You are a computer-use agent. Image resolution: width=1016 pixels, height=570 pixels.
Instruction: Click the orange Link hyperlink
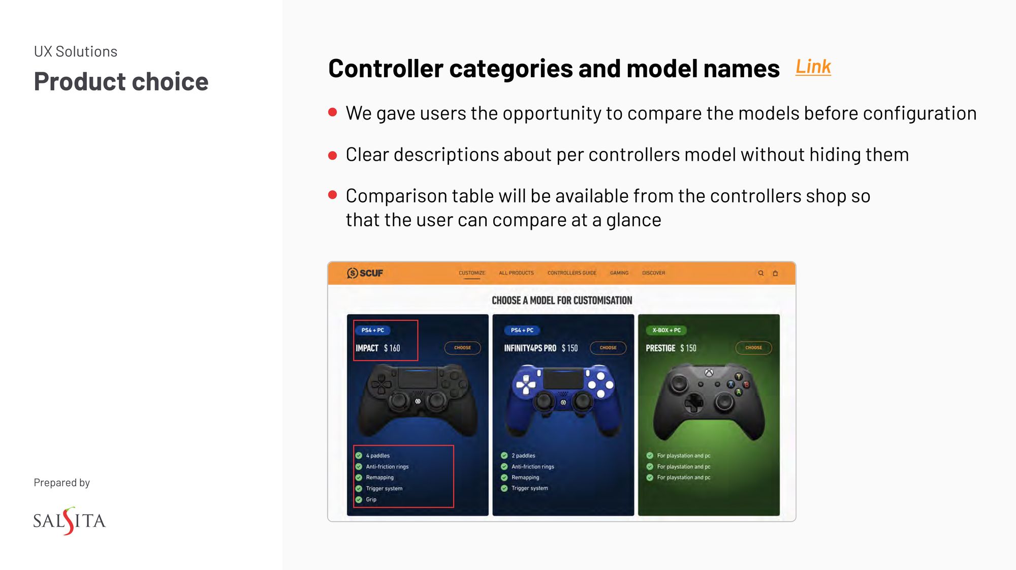pos(813,67)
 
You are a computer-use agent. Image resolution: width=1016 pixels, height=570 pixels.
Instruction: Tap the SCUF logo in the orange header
pos(365,273)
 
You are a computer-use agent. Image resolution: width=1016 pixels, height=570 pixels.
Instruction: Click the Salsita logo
pos(69,521)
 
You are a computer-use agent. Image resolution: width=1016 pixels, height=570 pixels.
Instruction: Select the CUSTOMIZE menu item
pos(471,273)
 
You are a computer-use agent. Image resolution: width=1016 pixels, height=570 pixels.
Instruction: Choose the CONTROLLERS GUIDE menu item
pos(571,273)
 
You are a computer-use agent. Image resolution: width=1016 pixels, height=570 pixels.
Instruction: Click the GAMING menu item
pos(619,273)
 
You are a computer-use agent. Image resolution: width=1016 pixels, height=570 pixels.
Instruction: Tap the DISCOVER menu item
pos(653,273)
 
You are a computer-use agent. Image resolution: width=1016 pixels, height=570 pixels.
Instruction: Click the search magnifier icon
pos(760,273)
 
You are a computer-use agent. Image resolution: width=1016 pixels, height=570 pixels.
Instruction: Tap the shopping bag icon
pos(775,273)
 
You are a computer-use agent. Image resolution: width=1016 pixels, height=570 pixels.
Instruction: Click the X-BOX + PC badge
pos(666,331)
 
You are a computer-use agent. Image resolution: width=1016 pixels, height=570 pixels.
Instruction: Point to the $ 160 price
pos(392,348)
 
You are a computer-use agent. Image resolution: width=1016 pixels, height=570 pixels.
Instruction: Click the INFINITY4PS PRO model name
pos(530,348)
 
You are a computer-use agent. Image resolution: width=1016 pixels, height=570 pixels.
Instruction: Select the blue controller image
pos(563,399)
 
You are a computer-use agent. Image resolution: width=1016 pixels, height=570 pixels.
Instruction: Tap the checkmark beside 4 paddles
pos(359,456)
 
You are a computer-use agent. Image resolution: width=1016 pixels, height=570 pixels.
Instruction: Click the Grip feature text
pos(371,500)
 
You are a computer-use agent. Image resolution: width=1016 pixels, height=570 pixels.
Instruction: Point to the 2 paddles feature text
pos(523,456)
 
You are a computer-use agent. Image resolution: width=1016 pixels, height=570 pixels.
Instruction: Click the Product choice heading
pos(121,82)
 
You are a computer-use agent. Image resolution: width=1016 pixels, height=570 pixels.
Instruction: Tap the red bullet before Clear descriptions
pos(333,155)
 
